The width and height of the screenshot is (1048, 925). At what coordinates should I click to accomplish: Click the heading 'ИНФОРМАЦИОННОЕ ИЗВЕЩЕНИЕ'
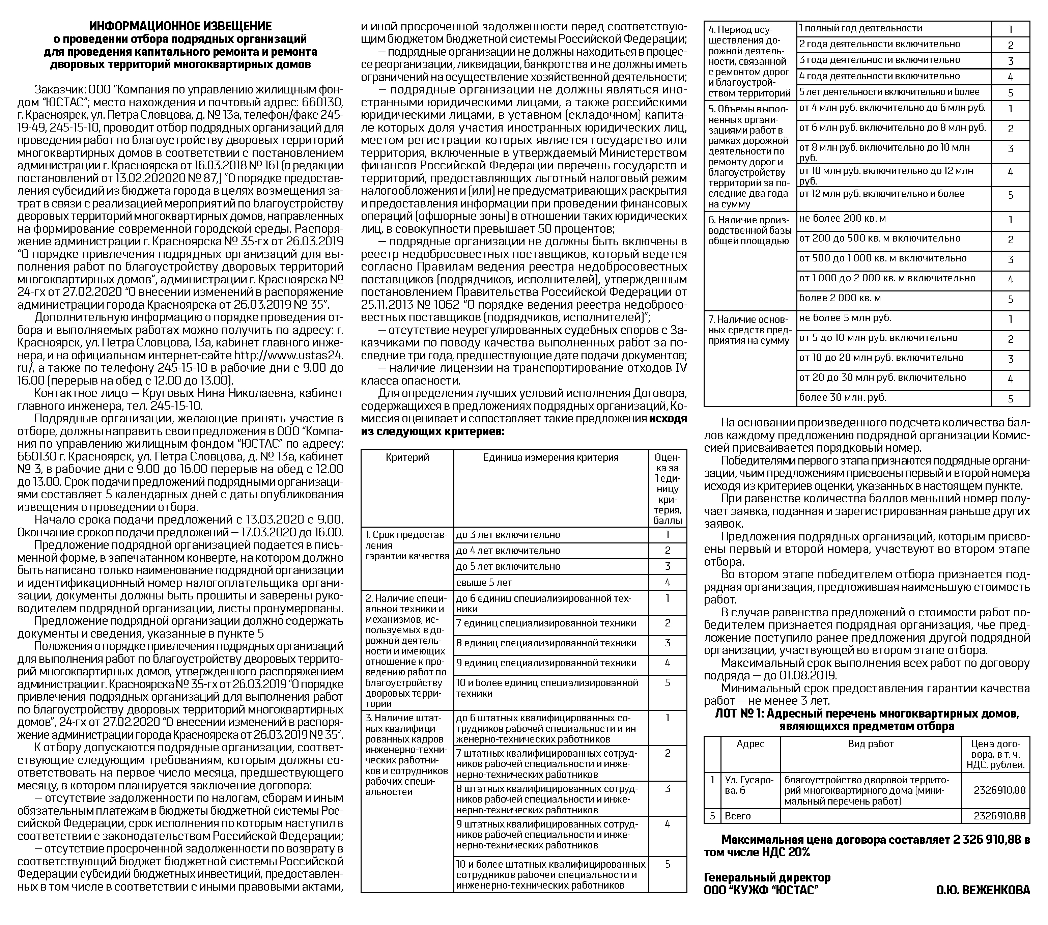click(x=180, y=26)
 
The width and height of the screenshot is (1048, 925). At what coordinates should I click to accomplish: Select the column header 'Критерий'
click(x=407, y=458)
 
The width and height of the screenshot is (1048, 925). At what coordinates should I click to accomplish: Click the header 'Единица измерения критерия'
click(x=551, y=458)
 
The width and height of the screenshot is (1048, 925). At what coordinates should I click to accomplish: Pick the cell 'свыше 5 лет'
click(x=484, y=583)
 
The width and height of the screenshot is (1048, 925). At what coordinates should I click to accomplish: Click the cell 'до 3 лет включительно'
click(x=508, y=535)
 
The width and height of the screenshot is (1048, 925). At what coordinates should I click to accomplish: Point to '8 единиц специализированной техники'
click(x=546, y=643)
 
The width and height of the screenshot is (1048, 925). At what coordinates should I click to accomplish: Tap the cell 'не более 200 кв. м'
click(x=842, y=219)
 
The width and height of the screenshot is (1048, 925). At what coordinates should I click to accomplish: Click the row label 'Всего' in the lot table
click(x=737, y=816)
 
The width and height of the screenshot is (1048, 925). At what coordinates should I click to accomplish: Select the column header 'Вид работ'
click(x=870, y=744)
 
